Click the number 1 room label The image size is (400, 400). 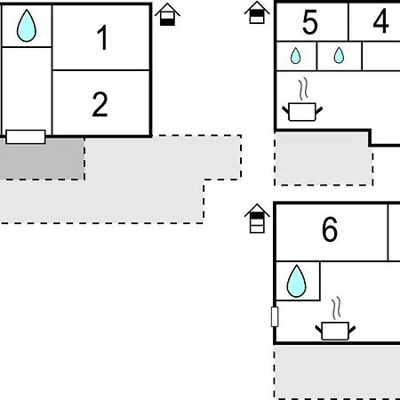[102, 37]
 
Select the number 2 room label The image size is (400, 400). [100, 104]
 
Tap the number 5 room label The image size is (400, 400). [310, 21]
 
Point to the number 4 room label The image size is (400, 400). [380, 20]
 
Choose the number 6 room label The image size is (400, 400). [330, 228]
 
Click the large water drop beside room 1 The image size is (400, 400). [27, 26]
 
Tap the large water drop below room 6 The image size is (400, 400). [296, 281]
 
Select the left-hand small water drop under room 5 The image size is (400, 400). [295, 56]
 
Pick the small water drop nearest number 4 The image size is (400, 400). [339, 55]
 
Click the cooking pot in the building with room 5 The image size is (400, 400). [302, 111]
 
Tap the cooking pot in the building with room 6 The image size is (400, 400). [335, 331]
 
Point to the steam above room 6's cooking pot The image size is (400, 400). [336, 308]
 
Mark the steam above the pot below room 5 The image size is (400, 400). [303, 89]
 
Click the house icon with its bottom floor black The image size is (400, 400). [167, 14]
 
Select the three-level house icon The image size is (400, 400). [257, 219]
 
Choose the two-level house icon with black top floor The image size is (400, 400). [257, 12]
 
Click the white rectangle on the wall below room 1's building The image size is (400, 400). [26, 137]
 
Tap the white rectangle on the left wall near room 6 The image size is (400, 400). [275, 316]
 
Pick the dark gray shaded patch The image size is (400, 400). [42, 158]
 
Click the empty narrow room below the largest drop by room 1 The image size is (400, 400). [27, 88]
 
